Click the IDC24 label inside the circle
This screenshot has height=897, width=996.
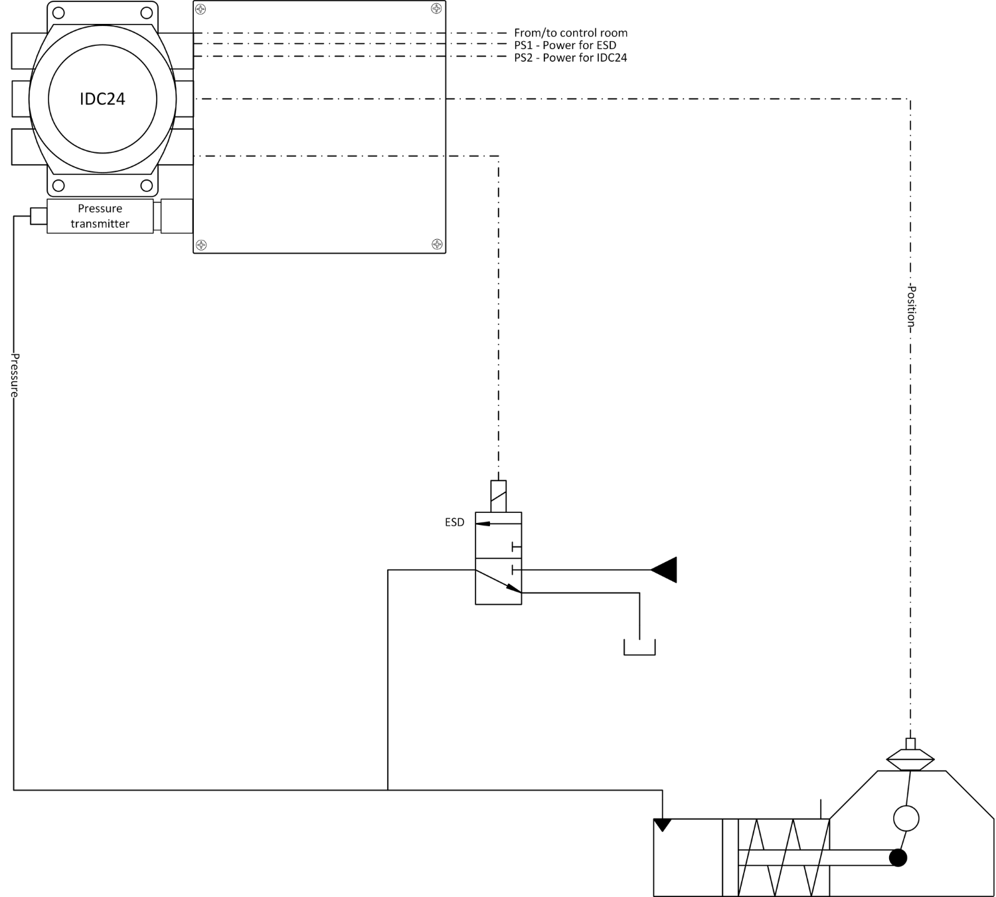(x=102, y=99)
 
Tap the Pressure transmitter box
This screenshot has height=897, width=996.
(x=100, y=216)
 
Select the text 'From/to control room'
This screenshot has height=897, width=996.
(x=570, y=33)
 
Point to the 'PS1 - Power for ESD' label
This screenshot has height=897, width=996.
(x=565, y=45)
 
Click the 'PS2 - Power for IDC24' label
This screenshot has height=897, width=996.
(x=570, y=58)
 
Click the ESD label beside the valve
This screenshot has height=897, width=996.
(x=455, y=522)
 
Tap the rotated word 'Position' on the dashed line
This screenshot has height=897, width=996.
(x=911, y=306)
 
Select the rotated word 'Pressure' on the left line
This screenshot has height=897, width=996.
(x=14, y=375)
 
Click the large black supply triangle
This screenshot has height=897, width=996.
(x=665, y=569)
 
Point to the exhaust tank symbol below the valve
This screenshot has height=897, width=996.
(x=639, y=647)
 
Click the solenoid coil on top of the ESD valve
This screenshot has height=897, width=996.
(x=498, y=496)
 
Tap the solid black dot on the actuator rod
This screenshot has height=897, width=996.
(x=898, y=858)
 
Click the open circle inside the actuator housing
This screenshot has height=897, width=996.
(x=906, y=819)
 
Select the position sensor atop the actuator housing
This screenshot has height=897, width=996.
(x=910, y=757)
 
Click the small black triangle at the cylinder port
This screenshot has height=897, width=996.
(x=663, y=825)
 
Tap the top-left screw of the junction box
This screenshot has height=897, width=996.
(x=201, y=9)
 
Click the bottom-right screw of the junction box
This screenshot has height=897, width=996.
(x=437, y=244)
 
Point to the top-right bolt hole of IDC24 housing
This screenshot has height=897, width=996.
(x=147, y=13)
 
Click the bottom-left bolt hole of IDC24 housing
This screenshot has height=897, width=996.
(x=58, y=185)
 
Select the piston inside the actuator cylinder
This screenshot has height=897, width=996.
(x=730, y=858)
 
